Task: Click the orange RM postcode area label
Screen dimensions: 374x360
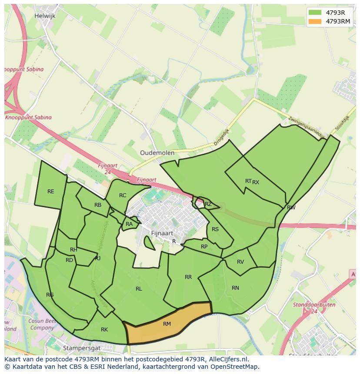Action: pos(167,324)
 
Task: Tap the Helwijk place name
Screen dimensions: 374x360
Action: pos(45,16)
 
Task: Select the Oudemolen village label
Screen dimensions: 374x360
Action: pos(157,153)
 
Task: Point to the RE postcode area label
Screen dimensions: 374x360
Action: pos(51,192)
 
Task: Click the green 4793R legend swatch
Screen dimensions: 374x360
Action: pos(315,12)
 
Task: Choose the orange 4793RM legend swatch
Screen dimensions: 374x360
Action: pos(315,21)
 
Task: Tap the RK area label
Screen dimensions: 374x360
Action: pos(104,330)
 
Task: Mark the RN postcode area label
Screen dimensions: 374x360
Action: pos(235,288)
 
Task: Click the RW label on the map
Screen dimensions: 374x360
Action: pos(291,208)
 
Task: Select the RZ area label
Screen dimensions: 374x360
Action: pos(208,204)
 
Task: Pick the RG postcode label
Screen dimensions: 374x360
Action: pos(50,295)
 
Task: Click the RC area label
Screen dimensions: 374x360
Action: pos(123,195)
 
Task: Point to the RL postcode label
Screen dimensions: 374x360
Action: pos(139,289)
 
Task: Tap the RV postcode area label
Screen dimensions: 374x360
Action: pos(240,262)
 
